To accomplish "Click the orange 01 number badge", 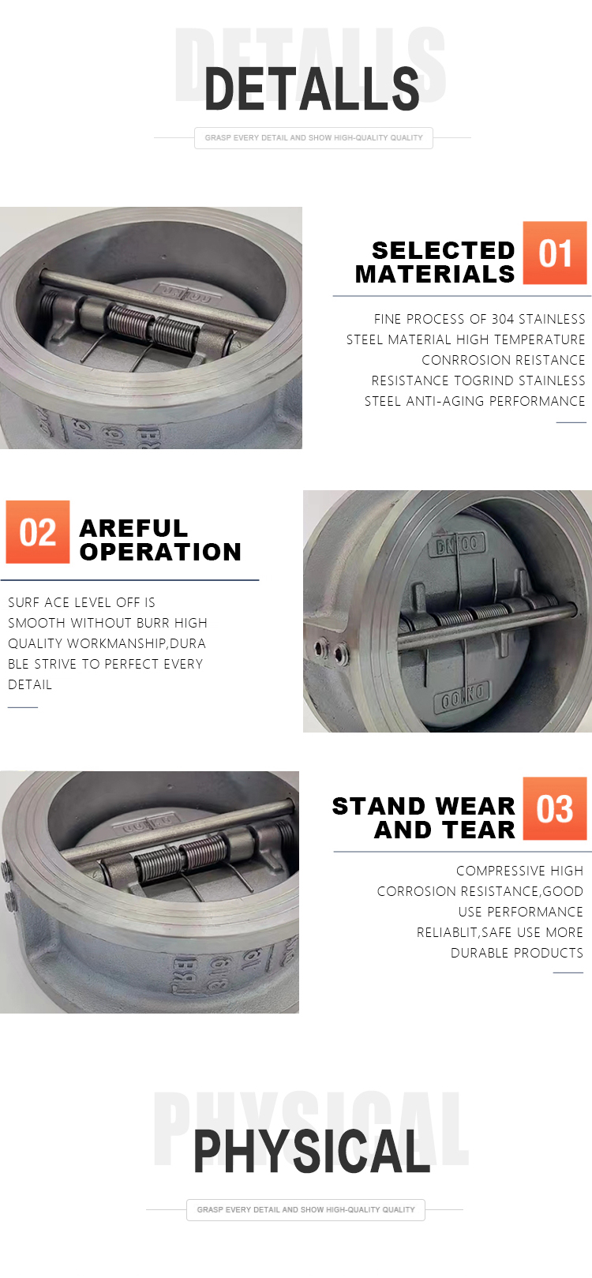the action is click(555, 253).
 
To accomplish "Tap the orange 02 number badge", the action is click(38, 532).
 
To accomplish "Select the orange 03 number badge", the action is click(555, 808).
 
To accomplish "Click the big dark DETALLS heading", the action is click(312, 88).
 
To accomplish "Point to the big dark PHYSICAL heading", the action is click(312, 1151).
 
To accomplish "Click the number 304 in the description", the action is click(503, 319).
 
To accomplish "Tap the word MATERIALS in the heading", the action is click(435, 275).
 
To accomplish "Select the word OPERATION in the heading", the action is click(160, 552).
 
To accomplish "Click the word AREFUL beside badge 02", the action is click(133, 528).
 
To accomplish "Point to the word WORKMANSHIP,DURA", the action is click(137, 643).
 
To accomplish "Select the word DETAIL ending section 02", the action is click(30, 684).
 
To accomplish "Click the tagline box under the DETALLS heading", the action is click(313, 138).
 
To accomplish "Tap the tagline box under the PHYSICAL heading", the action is click(305, 1209).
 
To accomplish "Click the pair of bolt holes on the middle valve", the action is click(332, 650).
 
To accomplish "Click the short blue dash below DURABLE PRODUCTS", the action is click(568, 973).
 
